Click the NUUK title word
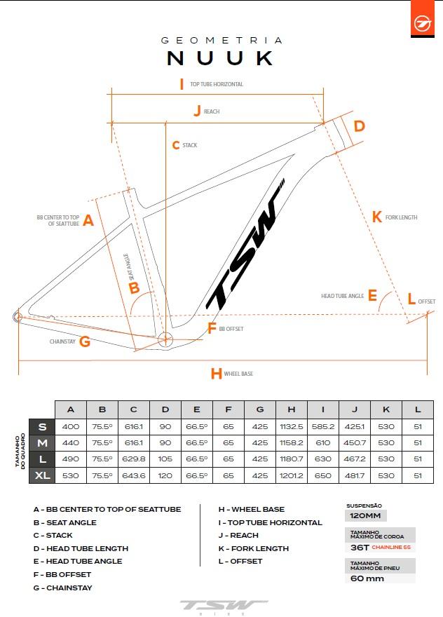coord(221,57)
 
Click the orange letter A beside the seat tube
coord(88,221)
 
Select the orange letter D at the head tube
coord(359,126)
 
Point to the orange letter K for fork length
coord(377,217)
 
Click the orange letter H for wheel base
coord(216,374)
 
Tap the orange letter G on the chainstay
coord(84,342)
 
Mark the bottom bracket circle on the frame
coord(165,340)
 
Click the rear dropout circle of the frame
coord(18,317)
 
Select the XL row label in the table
coord(42,475)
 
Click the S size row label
coord(42,426)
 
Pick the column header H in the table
coord(291,409)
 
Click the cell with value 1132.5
coord(291,426)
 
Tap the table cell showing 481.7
coord(355,475)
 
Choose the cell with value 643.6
coord(133,475)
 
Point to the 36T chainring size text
coord(360,547)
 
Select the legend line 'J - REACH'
coord(238,535)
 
